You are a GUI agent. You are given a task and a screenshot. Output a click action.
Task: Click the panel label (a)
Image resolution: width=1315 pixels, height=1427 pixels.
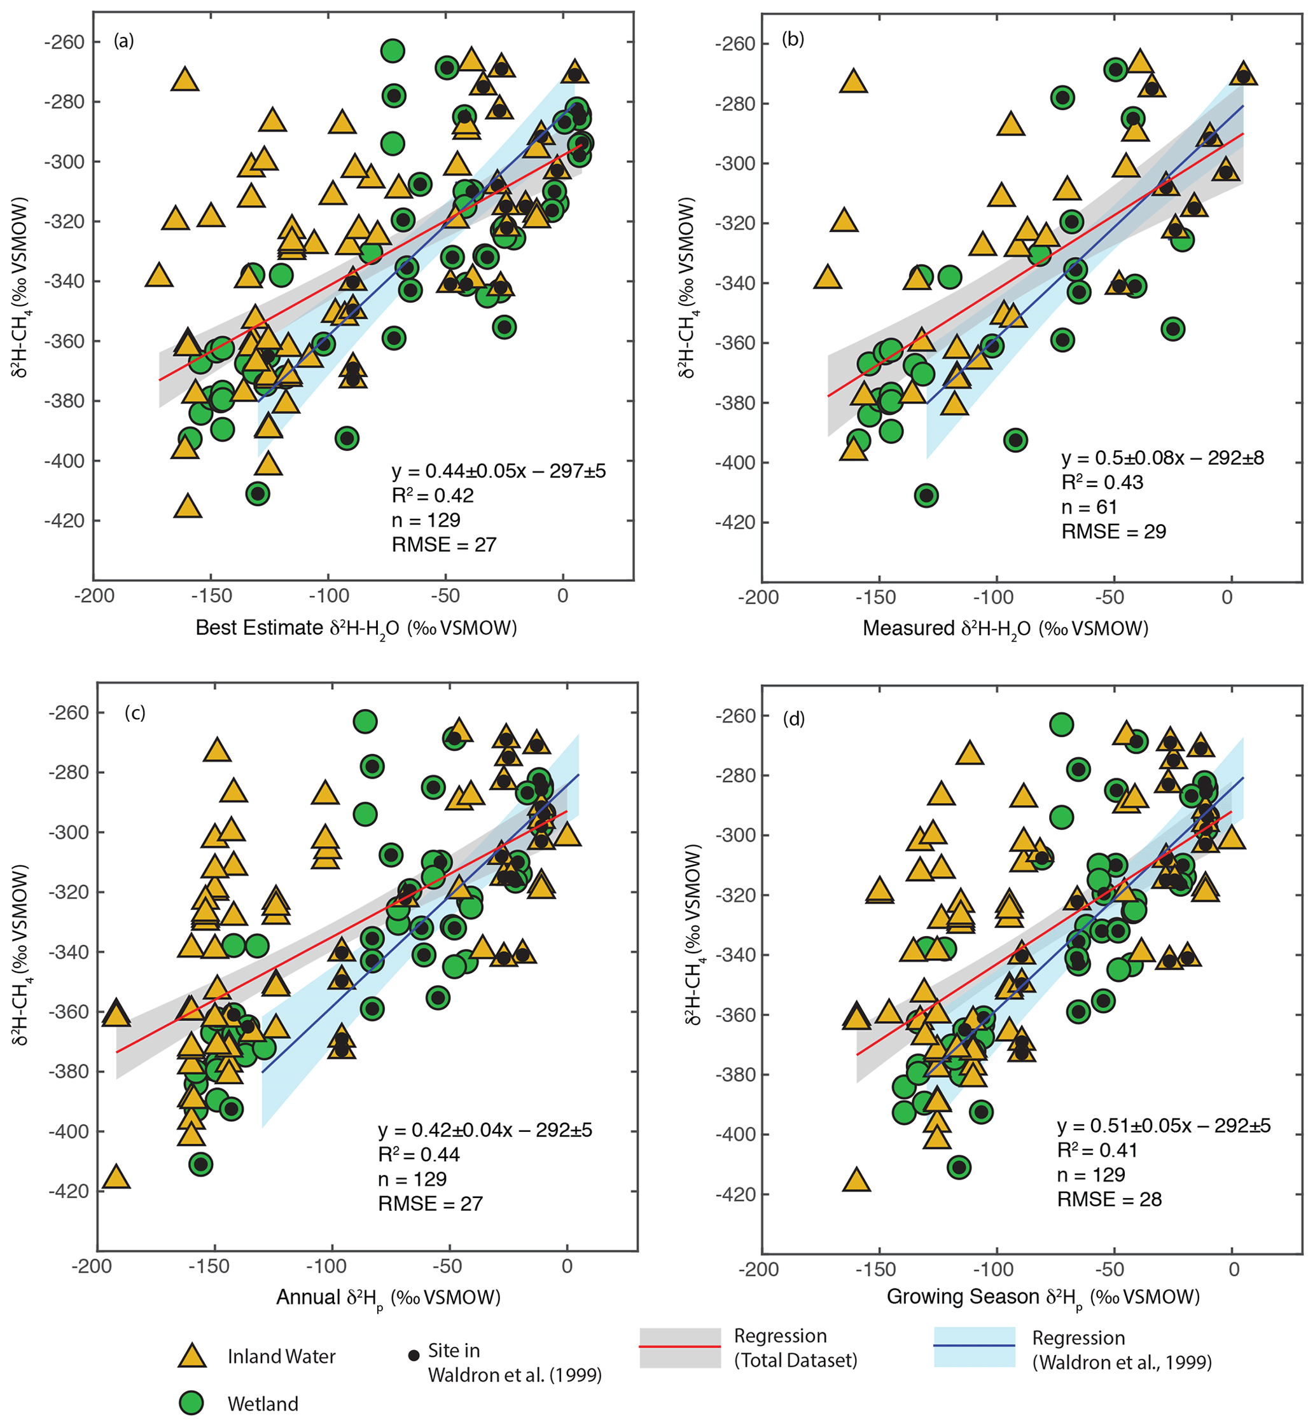pos(123,41)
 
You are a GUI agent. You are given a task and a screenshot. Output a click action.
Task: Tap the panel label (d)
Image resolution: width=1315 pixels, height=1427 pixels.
pos(793,719)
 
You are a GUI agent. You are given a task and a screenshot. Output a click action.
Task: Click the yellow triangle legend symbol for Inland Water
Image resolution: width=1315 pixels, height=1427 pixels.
pos(191,1356)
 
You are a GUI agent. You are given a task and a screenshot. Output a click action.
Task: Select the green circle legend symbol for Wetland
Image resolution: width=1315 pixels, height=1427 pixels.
pos(191,1403)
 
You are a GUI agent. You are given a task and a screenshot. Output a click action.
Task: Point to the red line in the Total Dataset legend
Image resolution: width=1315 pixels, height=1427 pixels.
pos(679,1347)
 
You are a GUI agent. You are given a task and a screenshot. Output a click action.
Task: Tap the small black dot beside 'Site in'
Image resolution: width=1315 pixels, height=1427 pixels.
pos(414,1356)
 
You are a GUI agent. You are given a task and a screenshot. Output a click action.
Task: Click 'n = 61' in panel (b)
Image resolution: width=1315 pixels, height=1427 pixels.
pos(1089,507)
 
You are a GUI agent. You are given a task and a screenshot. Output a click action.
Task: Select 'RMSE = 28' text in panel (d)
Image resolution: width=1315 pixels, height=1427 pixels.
pos(1109,1199)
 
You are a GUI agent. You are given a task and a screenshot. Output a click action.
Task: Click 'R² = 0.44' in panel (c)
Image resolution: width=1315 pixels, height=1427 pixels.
pos(419,1155)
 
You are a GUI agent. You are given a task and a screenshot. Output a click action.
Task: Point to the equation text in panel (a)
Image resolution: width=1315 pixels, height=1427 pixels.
pos(498,471)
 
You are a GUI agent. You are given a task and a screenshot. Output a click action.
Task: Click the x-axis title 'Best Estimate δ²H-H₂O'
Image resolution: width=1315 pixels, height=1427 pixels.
pos(356,628)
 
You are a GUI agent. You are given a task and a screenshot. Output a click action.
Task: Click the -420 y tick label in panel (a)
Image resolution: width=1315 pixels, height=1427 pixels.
pos(64,521)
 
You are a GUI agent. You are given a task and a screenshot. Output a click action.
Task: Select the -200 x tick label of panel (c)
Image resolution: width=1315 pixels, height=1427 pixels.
pos(91,1267)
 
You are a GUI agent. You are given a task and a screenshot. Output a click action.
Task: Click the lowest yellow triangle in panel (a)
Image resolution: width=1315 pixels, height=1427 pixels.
pos(188,506)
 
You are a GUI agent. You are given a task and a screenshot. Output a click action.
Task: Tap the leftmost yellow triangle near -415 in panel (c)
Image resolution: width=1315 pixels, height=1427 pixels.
pos(116,1177)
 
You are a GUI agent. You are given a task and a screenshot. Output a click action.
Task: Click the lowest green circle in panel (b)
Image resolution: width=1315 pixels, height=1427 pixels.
pos(926,495)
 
